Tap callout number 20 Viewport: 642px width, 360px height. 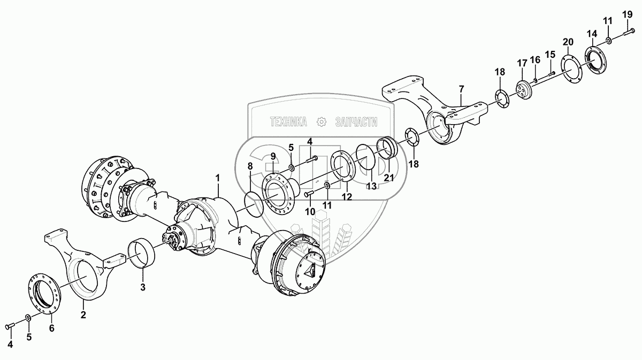[x=568, y=42]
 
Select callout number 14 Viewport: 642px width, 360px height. [x=592, y=34]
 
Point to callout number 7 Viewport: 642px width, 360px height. [x=461, y=88]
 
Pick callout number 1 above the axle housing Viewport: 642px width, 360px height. [x=218, y=177]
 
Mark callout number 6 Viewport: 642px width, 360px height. [x=51, y=328]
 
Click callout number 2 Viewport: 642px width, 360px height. [x=83, y=315]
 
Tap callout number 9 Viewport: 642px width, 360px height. [x=273, y=156]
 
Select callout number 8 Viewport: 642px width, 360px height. [x=249, y=166]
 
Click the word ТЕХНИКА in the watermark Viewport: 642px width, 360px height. [x=288, y=122]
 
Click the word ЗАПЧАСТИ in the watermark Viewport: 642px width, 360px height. [x=356, y=122]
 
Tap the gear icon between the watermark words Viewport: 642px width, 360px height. [x=321, y=122]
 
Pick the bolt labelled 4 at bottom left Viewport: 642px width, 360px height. [x=12, y=325]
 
